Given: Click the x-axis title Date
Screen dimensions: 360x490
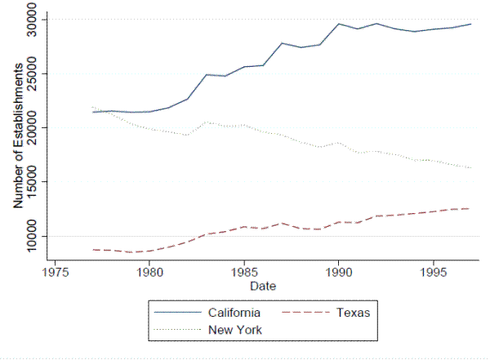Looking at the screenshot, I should [x=263, y=287].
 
